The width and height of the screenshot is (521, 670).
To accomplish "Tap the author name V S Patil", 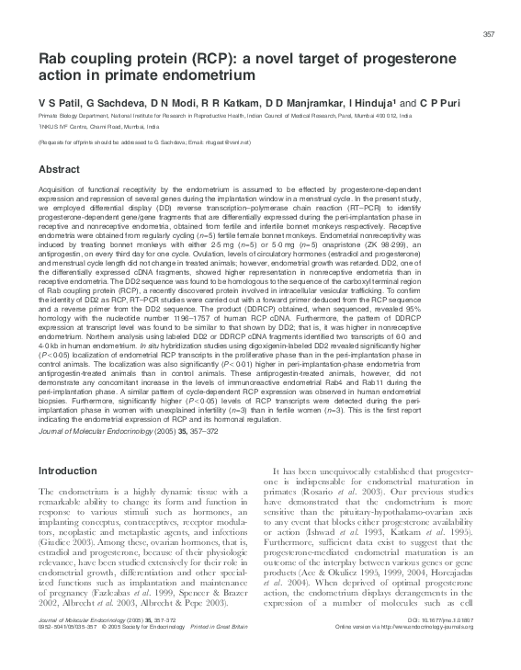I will click(x=57, y=104).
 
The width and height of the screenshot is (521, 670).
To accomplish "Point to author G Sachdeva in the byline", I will click(x=108, y=104).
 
